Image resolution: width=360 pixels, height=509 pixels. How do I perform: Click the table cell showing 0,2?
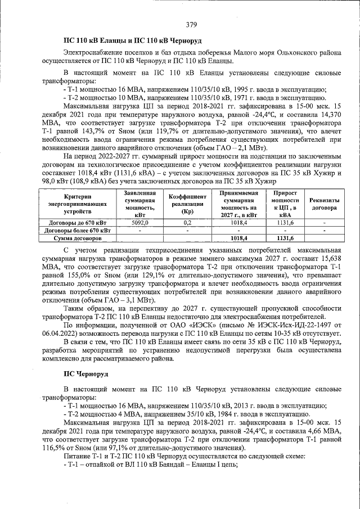[x=188, y=223]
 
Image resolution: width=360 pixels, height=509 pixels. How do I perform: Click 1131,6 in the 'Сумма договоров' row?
[x=286, y=238]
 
